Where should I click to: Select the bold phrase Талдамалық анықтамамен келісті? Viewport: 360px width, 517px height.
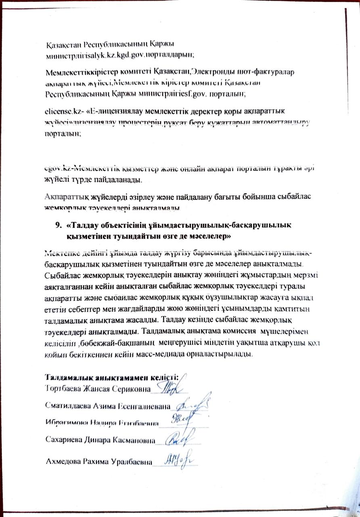[111, 377]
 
